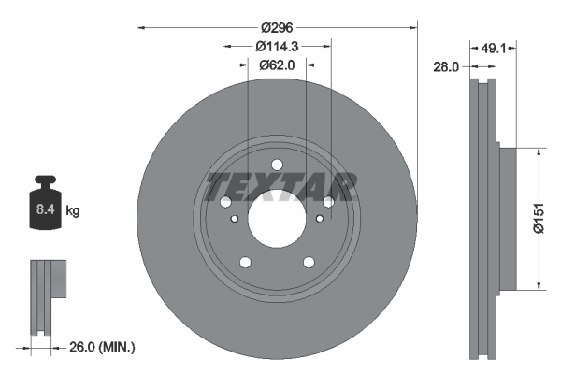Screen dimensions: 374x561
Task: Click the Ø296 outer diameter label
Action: [x=277, y=28]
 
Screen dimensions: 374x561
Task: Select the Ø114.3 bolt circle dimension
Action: [x=277, y=47]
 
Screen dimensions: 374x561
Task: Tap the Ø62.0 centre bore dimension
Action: [x=277, y=65]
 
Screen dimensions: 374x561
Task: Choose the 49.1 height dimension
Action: [x=493, y=48]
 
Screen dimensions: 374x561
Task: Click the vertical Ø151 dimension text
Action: [x=539, y=219]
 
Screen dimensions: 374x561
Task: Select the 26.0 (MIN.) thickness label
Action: [x=102, y=347]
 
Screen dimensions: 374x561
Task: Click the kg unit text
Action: [x=72, y=211]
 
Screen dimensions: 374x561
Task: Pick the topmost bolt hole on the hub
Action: [x=277, y=165]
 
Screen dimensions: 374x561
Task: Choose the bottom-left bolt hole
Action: [x=245, y=263]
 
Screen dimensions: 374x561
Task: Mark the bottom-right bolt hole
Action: [x=309, y=263]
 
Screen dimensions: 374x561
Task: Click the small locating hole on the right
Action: [x=321, y=218]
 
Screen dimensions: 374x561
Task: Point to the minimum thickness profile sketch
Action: [x=48, y=295]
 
